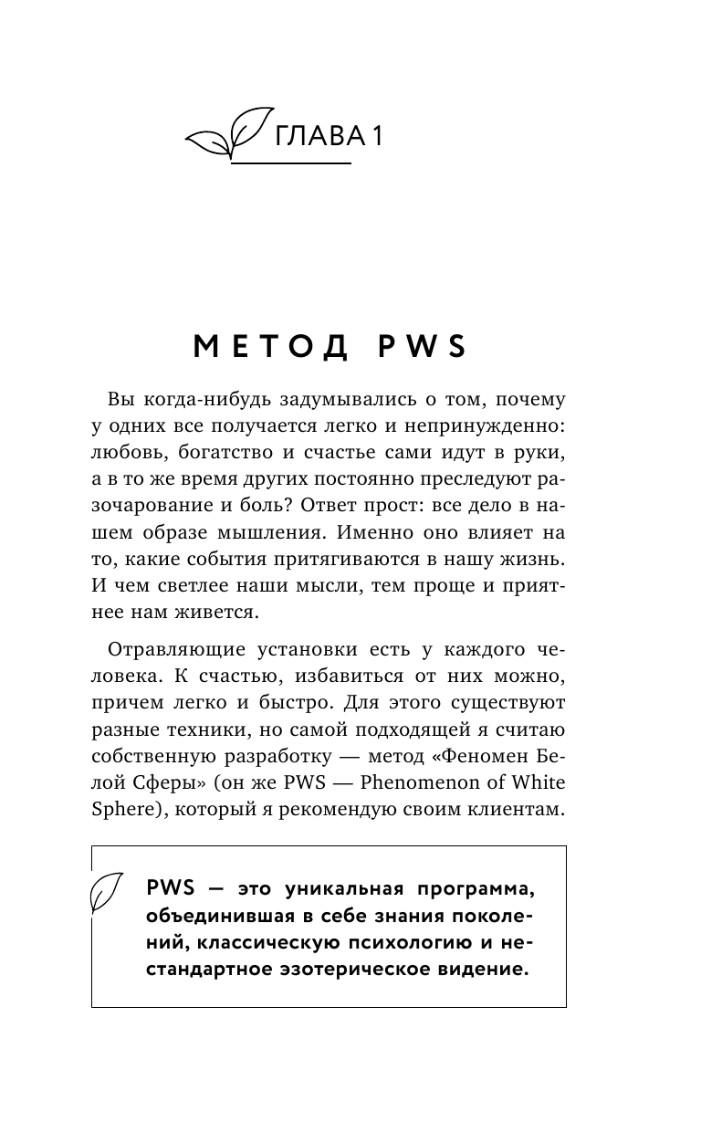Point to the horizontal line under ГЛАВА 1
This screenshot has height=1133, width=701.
coord(291,163)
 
